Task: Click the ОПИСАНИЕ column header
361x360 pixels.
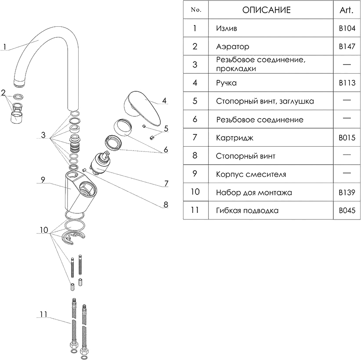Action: [266, 11]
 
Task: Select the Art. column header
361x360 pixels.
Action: [347, 11]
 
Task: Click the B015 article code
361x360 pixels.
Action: [347, 138]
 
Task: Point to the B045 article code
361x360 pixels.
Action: [347, 210]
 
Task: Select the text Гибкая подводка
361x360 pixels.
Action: [247, 210]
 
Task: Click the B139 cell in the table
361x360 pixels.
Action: [347, 192]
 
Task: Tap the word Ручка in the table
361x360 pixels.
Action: [226, 83]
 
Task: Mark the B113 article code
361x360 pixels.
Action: [347, 83]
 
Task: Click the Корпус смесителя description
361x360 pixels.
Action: [251, 174]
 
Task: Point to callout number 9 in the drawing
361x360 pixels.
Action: [43, 180]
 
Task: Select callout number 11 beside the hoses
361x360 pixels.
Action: [43, 314]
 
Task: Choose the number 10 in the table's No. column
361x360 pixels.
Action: [195, 192]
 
